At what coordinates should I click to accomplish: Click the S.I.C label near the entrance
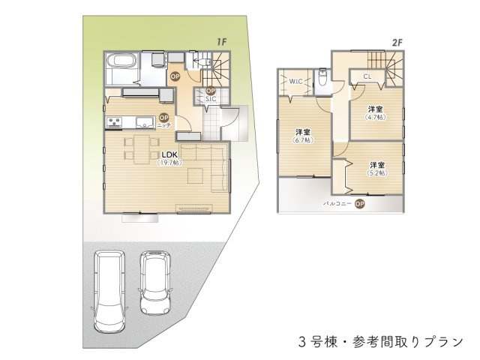pos(211,99)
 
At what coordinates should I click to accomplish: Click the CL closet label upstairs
pos(367,76)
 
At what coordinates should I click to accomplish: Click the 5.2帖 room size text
pos(377,172)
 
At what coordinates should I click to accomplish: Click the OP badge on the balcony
pos(360,203)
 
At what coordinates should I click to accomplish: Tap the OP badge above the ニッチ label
pos(163,117)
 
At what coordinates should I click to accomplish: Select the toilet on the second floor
pos(320,76)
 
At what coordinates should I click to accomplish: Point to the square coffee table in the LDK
pos(196,176)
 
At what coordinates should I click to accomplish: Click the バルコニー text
pos(336,203)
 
